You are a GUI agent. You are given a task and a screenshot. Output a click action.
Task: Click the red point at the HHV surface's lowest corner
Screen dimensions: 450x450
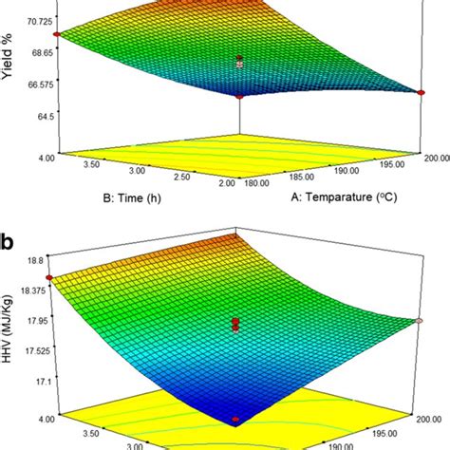(x=236, y=419)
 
